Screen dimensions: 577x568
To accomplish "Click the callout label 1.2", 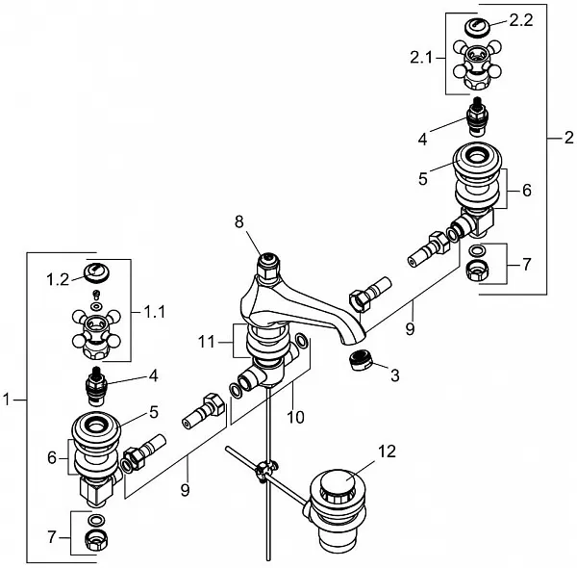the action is coord(58,279).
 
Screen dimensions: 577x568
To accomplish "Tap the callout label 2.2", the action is coord(521,20).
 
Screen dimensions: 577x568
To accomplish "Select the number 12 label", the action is coord(387,452).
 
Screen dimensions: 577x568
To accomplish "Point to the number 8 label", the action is coord(239,221).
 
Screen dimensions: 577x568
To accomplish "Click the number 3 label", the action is coord(395,375).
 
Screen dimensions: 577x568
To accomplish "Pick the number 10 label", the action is coord(295,418).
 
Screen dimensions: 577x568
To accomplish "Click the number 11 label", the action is coord(207,342).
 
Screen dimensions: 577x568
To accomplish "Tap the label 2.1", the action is coord(421,58).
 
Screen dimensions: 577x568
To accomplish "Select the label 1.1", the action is coord(154,312).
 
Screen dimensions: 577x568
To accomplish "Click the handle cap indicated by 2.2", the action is coord(477,27).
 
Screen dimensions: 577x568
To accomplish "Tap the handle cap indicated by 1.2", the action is coord(97,273).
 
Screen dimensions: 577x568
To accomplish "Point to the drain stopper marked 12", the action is coord(338,508).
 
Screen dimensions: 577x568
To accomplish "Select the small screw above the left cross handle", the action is coord(97,295).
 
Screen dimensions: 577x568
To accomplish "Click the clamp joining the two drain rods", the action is coord(264,470).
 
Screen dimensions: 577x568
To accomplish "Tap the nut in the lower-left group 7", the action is coord(95,541).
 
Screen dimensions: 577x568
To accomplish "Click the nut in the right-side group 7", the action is coord(477,271).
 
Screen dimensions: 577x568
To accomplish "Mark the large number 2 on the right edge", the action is coord(569,138).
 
